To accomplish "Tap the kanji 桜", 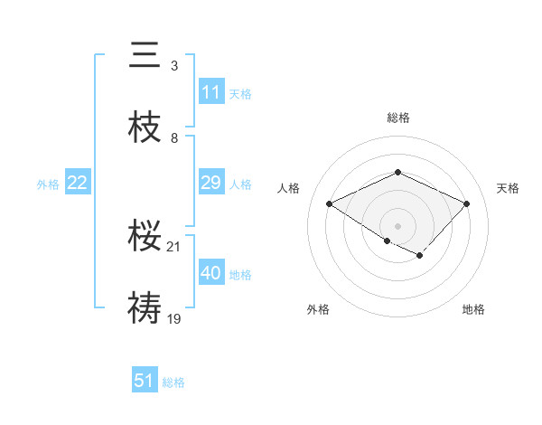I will (x=145, y=236).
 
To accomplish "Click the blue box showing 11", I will (x=211, y=92).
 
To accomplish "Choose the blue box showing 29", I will (x=211, y=183).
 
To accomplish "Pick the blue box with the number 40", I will (x=211, y=273).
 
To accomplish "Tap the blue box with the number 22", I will (x=78, y=183).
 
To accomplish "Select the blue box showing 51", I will (x=145, y=381).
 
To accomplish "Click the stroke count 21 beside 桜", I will (x=174, y=246).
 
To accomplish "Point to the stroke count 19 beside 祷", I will (x=174, y=318).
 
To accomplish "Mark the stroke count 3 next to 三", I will (x=174, y=65).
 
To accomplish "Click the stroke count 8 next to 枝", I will (x=174, y=137).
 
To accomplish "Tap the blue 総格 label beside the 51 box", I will (x=173, y=382).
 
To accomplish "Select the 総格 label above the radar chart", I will (x=398, y=118).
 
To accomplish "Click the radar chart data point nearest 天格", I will (x=467, y=203).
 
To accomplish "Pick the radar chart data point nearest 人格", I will (x=330, y=203).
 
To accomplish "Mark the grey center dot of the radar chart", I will (x=398, y=225).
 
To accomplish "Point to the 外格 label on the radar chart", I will (x=318, y=309).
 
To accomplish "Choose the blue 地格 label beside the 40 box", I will (x=240, y=274).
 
